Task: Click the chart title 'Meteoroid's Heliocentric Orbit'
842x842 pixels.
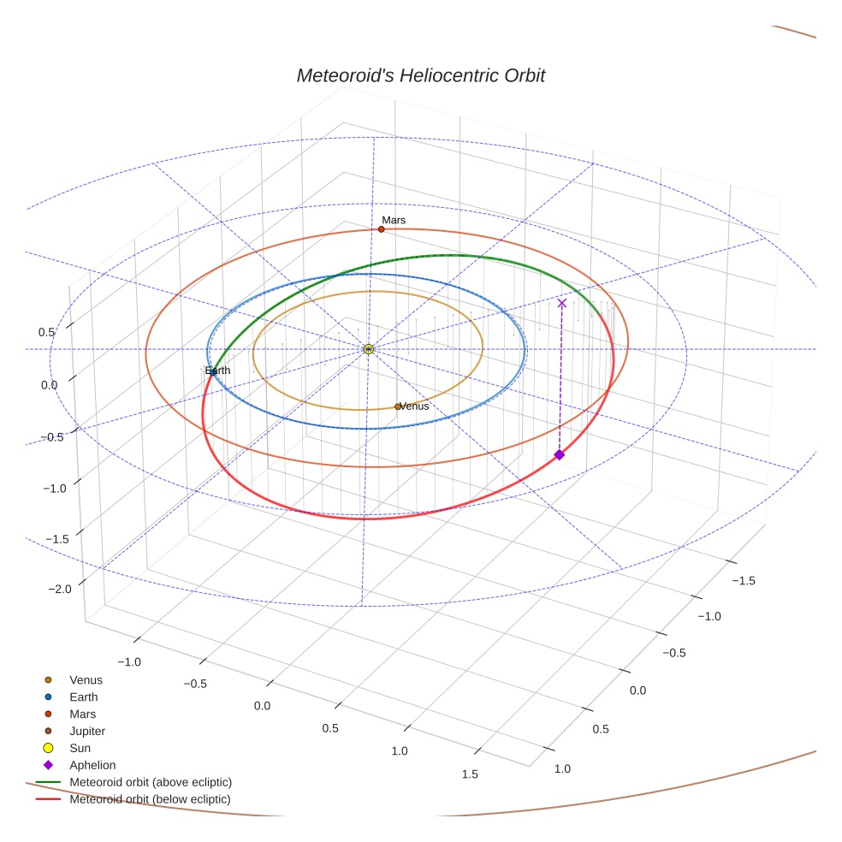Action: tap(420, 75)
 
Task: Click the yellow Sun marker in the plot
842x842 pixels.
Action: tap(368, 349)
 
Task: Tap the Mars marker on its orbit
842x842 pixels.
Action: tap(382, 229)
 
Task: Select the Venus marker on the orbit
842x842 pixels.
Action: tap(398, 406)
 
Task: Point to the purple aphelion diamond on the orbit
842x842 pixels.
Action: tap(560, 454)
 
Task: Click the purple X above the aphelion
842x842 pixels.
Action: tap(561, 303)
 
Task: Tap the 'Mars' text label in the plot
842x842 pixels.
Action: tap(394, 220)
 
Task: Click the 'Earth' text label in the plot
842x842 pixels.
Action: tap(217, 371)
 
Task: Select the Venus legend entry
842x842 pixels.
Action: tap(86, 680)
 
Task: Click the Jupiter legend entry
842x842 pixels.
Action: tap(87, 732)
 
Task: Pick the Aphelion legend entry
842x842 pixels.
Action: tap(92, 765)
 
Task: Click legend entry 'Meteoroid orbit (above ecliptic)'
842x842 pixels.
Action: tap(151, 782)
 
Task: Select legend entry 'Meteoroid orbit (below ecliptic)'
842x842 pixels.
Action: tap(150, 799)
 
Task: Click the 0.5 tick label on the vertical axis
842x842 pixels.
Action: tap(46, 332)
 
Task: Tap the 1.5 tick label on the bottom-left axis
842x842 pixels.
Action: tap(469, 774)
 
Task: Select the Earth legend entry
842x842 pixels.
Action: tap(84, 697)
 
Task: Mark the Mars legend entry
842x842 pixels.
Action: tap(83, 715)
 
